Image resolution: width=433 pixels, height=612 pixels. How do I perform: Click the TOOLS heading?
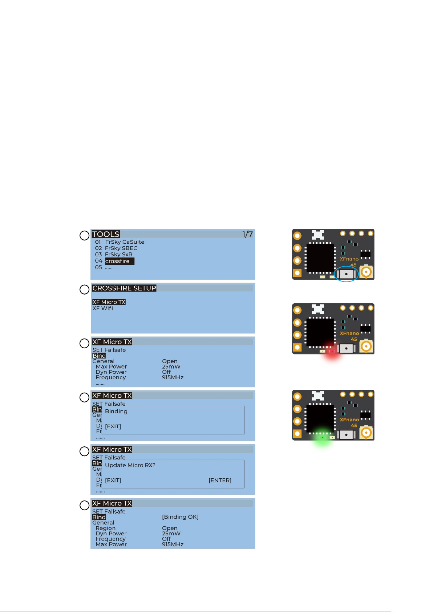[106, 234]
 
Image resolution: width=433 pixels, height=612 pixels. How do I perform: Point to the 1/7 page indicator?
[247, 234]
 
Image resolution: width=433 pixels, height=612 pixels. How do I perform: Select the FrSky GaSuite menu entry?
[125, 242]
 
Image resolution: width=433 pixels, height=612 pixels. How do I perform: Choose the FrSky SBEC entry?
[121, 248]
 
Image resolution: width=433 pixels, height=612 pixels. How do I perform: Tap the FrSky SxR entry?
[118, 254]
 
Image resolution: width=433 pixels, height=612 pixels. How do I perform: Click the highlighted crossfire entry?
[119, 261]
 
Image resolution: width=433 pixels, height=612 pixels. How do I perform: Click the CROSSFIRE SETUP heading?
[124, 288]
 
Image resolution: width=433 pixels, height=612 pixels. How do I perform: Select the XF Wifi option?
[102, 308]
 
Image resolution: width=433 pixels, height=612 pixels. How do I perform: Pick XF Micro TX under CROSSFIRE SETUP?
[109, 302]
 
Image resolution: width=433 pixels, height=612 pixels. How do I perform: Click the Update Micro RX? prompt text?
[130, 465]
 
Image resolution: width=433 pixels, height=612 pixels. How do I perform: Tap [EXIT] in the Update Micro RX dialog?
[113, 480]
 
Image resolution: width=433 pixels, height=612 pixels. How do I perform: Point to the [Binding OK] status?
[180, 517]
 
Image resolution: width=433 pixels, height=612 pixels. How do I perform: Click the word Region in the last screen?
[105, 528]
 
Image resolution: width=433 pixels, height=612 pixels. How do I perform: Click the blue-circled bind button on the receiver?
[346, 274]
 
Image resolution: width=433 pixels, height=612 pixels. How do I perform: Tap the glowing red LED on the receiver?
[332, 351]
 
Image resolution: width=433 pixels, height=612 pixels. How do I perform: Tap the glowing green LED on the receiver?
[322, 438]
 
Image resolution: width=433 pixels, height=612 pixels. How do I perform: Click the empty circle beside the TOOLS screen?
[84, 235]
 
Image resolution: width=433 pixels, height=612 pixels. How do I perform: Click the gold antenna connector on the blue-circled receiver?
[367, 272]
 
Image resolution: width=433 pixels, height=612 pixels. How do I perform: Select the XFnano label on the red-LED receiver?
[349, 333]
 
